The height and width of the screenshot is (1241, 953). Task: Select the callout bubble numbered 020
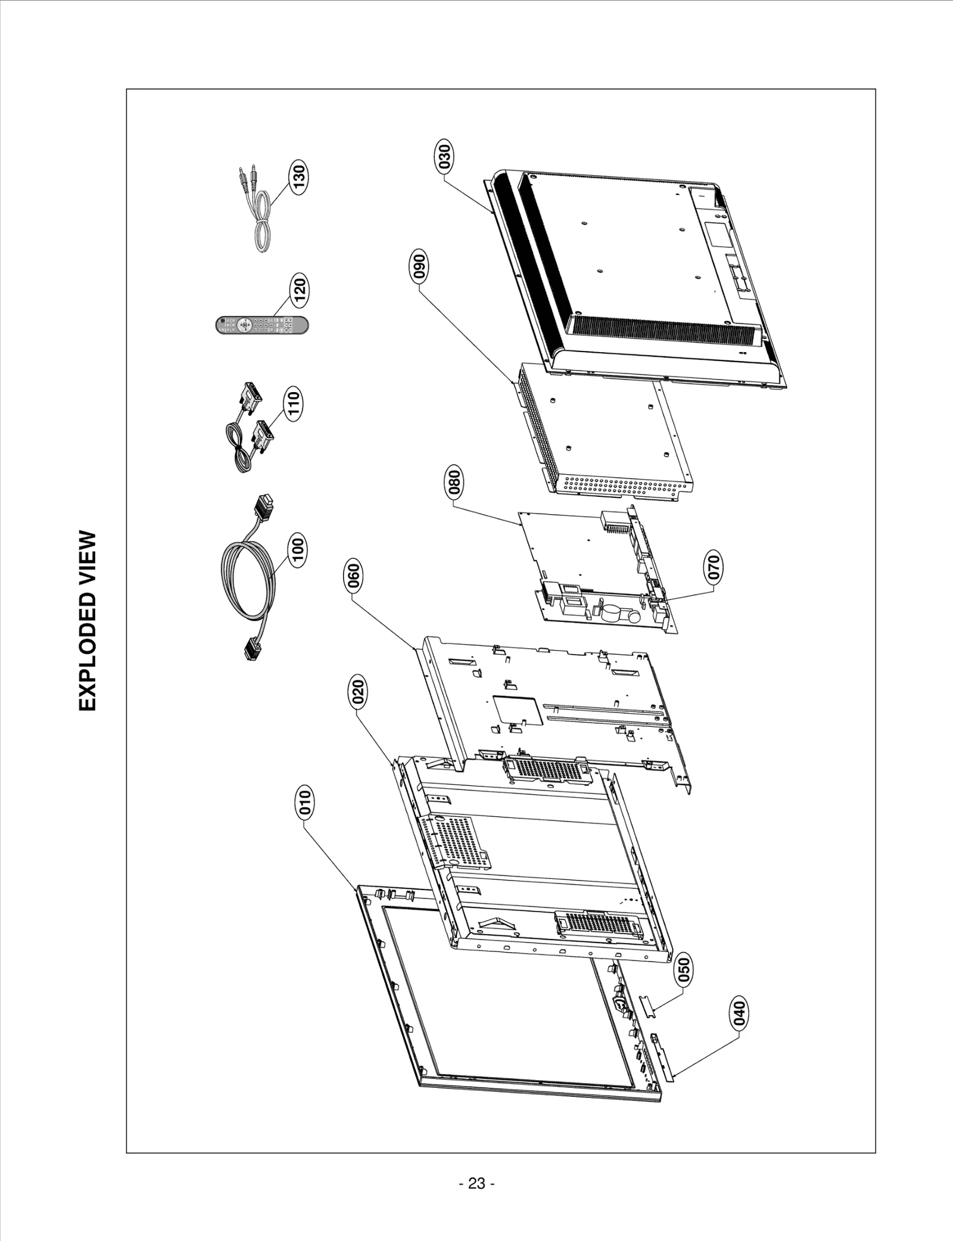pos(359,692)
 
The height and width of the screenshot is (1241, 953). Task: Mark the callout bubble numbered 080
pos(454,483)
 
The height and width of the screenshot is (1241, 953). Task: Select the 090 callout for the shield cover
pos(419,268)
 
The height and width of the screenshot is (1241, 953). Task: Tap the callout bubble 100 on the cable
pos(298,550)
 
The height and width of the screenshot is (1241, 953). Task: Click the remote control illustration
pos(262,325)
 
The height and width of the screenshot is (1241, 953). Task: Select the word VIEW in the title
pos(87,552)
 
